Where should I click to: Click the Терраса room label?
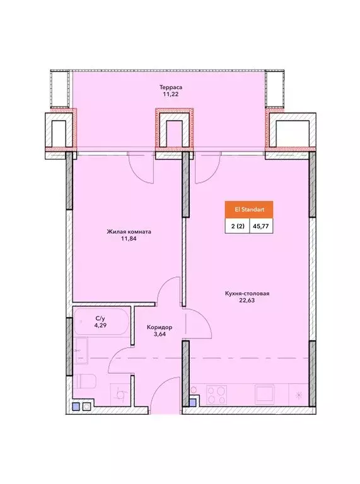point(171,87)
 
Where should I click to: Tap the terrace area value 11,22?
point(171,94)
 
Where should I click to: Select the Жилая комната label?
point(129,231)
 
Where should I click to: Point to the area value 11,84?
point(129,239)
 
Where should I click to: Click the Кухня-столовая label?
point(247,293)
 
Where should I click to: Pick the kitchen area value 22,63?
point(247,301)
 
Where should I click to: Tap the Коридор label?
point(160,327)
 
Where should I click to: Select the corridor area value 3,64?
point(160,334)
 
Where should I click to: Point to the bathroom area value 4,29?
point(100,325)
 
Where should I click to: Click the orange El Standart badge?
point(249,210)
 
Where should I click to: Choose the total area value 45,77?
point(260,226)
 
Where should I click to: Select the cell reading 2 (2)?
point(238,226)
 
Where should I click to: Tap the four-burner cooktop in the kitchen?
point(216,395)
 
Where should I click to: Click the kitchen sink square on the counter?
point(264,394)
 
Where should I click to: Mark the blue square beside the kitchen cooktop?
point(193,402)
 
